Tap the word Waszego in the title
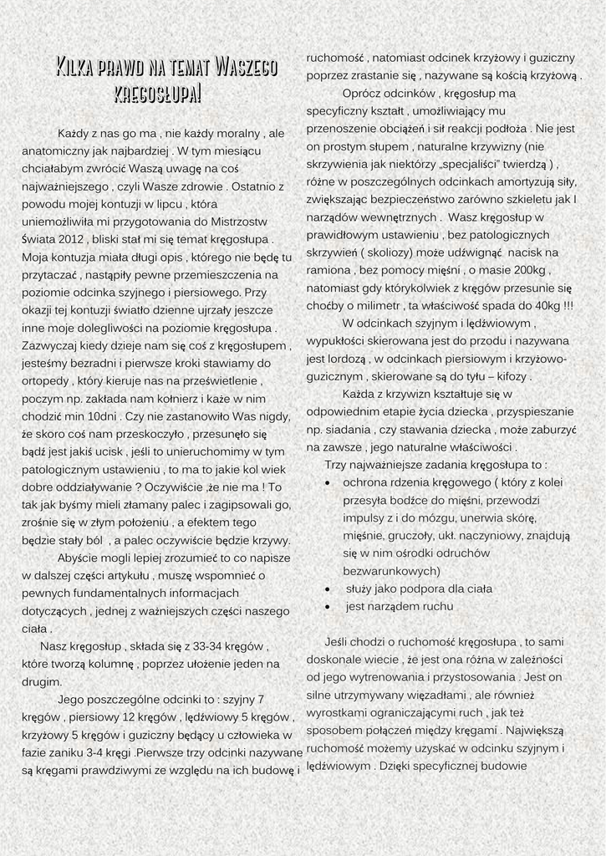click(246, 66)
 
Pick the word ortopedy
click(48, 380)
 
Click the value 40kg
click(547, 305)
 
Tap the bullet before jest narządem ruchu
click(327, 606)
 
